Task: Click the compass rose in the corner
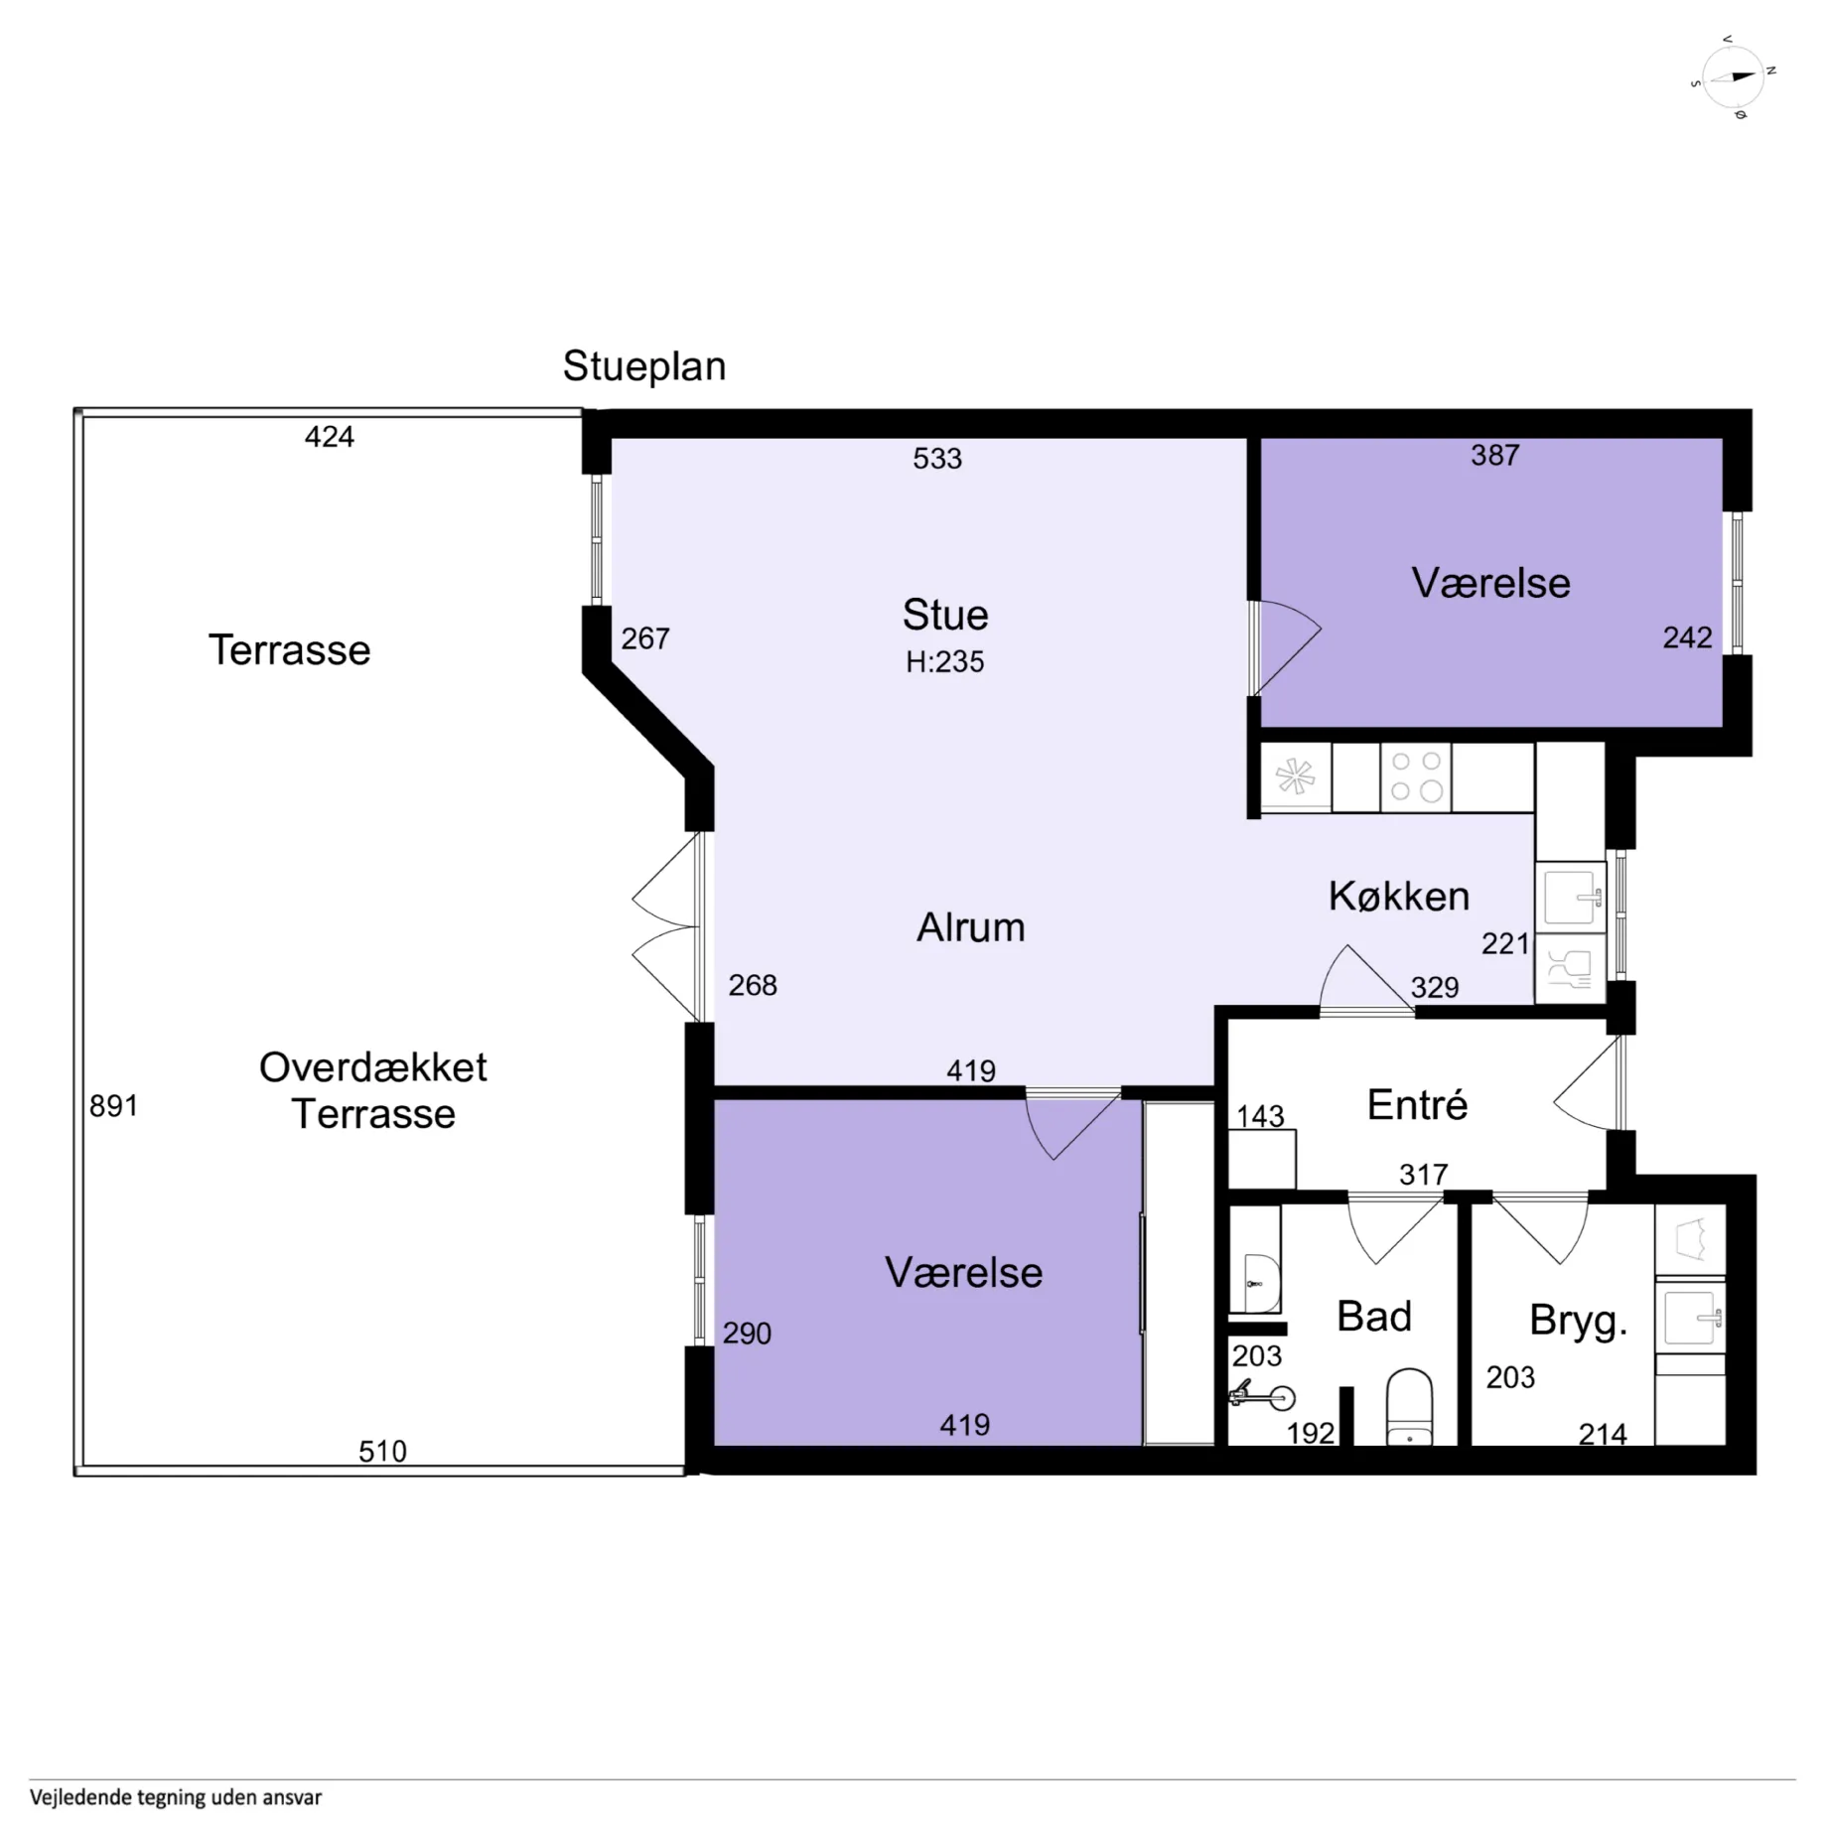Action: pyautogui.click(x=1733, y=77)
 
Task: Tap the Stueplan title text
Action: pyautogui.click(x=644, y=366)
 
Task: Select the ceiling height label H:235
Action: pyautogui.click(x=944, y=661)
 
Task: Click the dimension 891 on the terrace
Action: pyautogui.click(x=113, y=1105)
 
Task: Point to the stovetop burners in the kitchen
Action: pyautogui.click(x=1416, y=776)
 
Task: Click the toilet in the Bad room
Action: pyautogui.click(x=1408, y=1406)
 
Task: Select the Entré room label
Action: pyautogui.click(x=1417, y=1104)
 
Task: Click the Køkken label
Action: pyautogui.click(x=1399, y=896)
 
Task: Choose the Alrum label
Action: pyautogui.click(x=970, y=927)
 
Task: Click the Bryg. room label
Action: pyautogui.click(x=1578, y=1321)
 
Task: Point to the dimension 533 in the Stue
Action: pyautogui.click(x=937, y=459)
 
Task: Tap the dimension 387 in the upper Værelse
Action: pyautogui.click(x=1494, y=455)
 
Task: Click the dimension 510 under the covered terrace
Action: pyautogui.click(x=382, y=1452)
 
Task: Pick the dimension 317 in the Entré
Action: pyautogui.click(x=1423, y=1175)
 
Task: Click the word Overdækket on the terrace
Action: pyautogui.click(x=373, y=1067)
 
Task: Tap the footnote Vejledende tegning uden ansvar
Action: pyautogui.click(x=176, y=1797)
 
